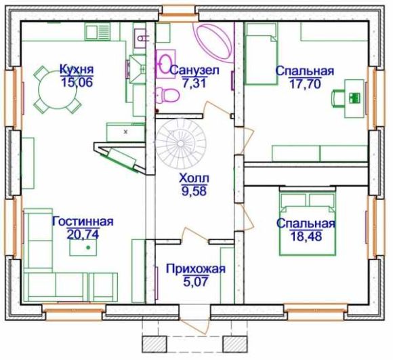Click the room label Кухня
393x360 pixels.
(x=77, y=69)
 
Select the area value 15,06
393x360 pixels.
(x=77, y=82)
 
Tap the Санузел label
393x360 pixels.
(x=194, y=71)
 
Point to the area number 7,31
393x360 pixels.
(x=194, y=83)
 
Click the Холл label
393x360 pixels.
(x=194, y=179)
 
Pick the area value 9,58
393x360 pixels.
(x=194, y=191)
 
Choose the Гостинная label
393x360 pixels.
(x=83, y=222)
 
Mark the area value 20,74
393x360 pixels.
(x=83, y=234)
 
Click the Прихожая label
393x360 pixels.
(x=196, y=269)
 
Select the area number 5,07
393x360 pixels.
(x=196, y=282)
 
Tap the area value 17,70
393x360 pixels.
(x=305, y=84)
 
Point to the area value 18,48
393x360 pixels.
(x=306, y=236)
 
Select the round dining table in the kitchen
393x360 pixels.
(x=57, y=89)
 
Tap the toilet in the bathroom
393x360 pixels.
(x=167, y=95)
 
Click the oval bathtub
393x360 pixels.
(x=214, y=42)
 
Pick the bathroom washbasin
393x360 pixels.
(x=165, y=64)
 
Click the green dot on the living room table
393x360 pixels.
(x=88, y=247)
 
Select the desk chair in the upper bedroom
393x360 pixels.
(x=338, y=98)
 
